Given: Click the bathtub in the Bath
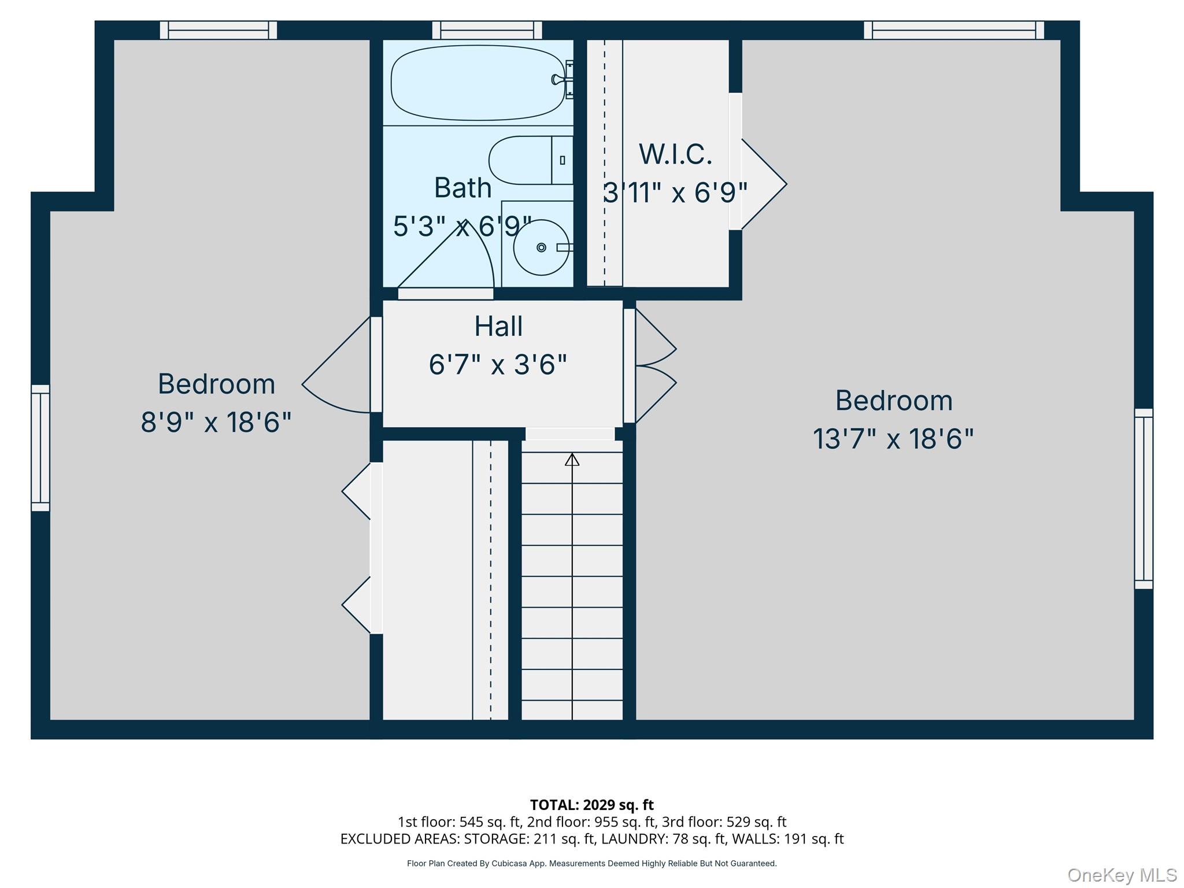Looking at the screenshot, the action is pos(478,83).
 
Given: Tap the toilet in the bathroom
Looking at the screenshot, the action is pos(531,160).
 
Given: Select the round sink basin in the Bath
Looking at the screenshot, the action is pos(542,248).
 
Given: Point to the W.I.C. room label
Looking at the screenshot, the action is pos(675,154).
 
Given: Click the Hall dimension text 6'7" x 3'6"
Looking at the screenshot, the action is pos(498,365).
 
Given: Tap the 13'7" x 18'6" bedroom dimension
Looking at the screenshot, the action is pos(893,439).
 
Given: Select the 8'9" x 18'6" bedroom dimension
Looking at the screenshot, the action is pos(216,422).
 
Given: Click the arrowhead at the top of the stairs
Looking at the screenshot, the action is pos(572,460).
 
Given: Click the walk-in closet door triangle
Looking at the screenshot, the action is pos(763,184).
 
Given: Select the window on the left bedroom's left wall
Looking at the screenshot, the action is pos(40,448).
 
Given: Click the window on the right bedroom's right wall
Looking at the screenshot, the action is pos(1144,499).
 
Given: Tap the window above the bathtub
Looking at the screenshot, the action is pos(487,30).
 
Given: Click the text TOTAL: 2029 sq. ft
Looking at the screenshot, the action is pos(591,805).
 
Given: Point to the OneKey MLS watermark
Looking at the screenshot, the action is pos(1122,875).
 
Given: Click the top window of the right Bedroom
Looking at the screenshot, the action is pos(954,30).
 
